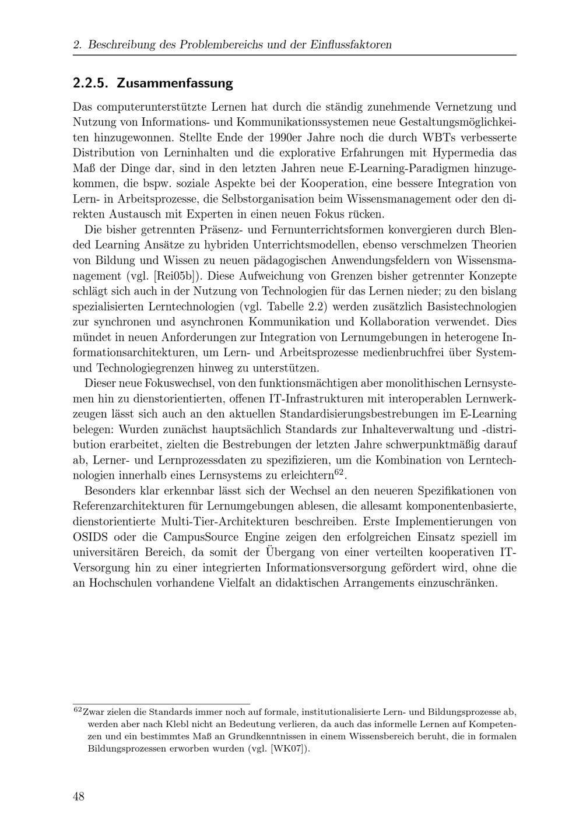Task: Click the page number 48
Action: point(79,796)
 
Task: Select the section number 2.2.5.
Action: point(90,83)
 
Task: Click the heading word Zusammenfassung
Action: point(174,83)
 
